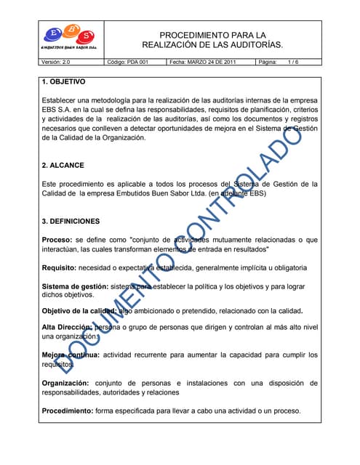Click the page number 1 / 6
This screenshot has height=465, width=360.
click(293, 62)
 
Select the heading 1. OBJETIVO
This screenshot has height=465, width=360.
click(64, 82)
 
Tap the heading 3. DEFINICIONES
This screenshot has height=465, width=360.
click(71, 221)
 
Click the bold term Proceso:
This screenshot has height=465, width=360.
click(57, 240)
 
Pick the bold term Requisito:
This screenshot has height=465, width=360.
click(60, 268)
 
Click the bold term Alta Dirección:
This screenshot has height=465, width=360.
click(68, 328)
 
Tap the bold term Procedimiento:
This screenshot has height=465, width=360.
click(70, 411)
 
